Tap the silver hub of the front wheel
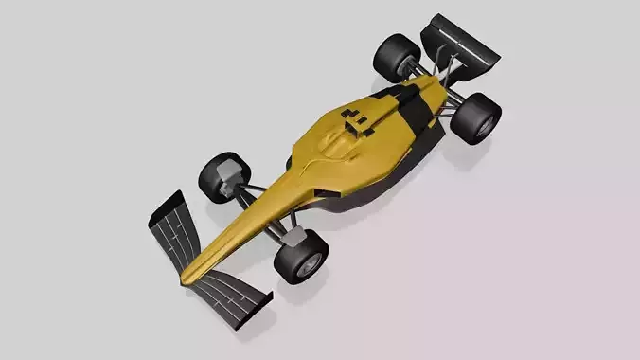(x=307, y=266)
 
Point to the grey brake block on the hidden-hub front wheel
(x=228, y=173)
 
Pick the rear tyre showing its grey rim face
(x=478, y=117)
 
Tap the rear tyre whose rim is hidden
(x=396, y=56)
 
